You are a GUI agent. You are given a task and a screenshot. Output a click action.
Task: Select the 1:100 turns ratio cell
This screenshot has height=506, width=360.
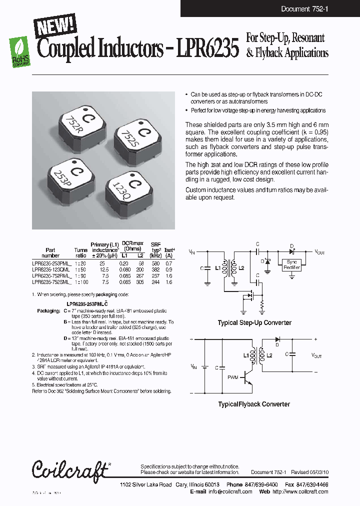[x=80, y=282]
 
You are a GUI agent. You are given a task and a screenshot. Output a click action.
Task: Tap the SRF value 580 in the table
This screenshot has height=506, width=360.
[x=155, y=262]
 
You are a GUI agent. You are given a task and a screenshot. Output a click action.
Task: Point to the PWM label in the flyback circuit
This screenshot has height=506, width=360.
[x=232, y=377]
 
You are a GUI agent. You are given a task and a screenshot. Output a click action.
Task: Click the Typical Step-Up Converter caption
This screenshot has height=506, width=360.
[x=254, y=323]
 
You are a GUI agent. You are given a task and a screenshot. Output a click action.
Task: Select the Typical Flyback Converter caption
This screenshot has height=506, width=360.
[x=254, y=404]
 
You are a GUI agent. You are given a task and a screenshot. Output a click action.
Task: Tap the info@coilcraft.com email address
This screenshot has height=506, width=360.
[x=230, y=491]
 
